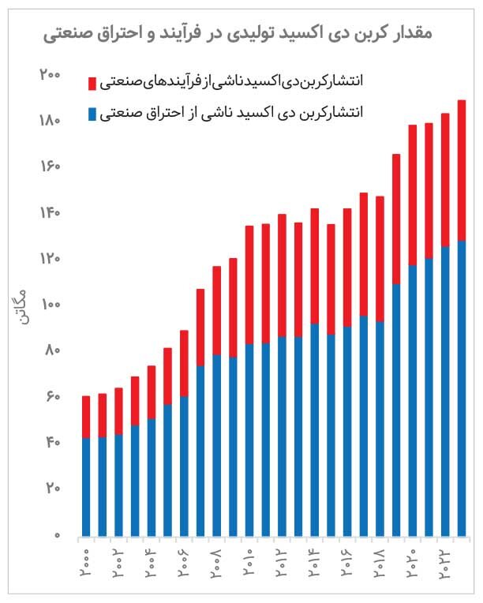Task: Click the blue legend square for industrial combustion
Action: pos(92,114)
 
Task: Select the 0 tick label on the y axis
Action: pos(56,535)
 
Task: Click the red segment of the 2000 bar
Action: pos(86,417)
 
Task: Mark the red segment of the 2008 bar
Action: pos(217,310)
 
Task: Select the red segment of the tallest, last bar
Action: pos(462,170)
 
